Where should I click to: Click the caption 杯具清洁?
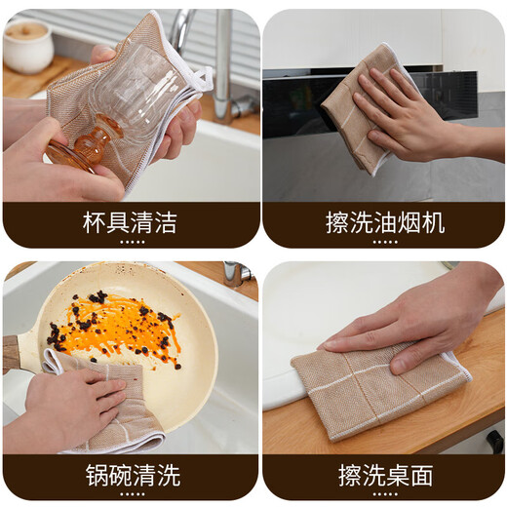(x=130, y=222)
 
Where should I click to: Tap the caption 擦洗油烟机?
(x=384, y=222)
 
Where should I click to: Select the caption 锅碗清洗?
(x=130, y=476)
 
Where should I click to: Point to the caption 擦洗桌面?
(x=384, y=476)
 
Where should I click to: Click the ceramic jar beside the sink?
(x=26, y=46)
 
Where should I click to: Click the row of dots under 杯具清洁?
(x=130, y=241)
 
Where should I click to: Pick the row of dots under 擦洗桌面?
(x=384, y=494)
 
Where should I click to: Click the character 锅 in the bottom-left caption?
(x=95, y=476)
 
